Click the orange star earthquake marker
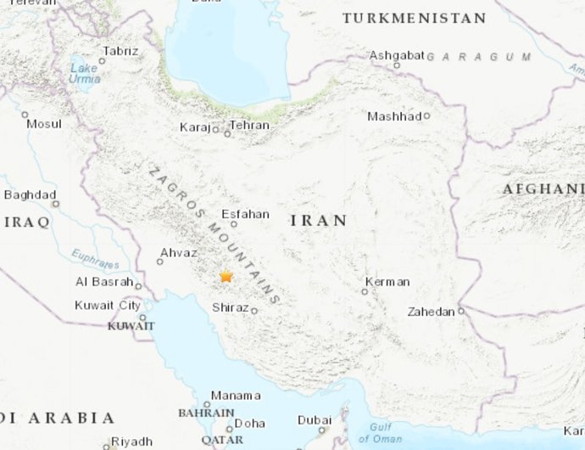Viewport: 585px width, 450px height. [x=226, y=277]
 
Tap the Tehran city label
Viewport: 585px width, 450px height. [x=249, y=126]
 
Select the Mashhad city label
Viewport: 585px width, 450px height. [x=394, y=116]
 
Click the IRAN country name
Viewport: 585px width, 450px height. [x=319, y=221]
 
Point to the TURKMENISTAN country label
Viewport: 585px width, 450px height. [x=414, y=18]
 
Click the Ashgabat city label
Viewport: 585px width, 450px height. [x=397, y=55]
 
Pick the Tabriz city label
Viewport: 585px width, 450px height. [x=120, y=51]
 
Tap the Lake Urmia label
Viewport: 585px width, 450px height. [x=84, y=74]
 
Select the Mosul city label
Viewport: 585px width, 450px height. [x=44, y=124]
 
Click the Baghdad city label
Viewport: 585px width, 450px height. [x=30, y=194]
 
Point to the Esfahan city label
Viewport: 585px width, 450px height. [x=245, y=214]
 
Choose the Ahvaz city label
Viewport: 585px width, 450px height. [x=178, y=253]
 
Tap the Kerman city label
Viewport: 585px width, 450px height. [x=387, y=282]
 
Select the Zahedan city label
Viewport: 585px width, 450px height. [x=431, y=312]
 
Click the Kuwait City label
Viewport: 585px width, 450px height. [x=108, y=306]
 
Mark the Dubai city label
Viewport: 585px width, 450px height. [x=315, y=420]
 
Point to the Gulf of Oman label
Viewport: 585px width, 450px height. [x=380, y=433]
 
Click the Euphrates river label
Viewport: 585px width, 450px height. [x=95, y=256]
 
